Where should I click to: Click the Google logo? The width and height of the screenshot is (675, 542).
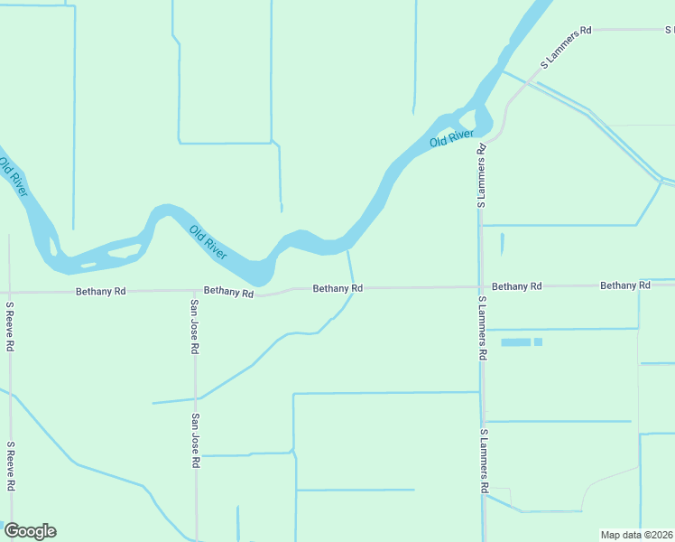[x=30, y=531]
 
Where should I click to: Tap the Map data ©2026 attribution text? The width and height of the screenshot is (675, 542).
[x=636, y=535]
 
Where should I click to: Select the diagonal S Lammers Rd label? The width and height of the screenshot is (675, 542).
[x=566, y=47]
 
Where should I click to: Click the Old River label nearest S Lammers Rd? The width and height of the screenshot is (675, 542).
[x=451, y=138]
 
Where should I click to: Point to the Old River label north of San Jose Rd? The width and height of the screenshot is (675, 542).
[x=208, y=243]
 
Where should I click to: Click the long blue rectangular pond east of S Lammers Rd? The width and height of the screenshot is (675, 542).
[x=515, y=342]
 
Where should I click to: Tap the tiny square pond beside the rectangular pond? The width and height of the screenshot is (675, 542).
[x=538, y=342]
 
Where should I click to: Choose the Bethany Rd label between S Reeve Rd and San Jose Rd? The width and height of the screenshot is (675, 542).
[x=101, y=292]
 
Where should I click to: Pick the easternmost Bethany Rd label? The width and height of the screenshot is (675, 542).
[x=625, y=285]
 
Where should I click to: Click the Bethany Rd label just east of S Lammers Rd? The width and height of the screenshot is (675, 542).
[x=517, y=286]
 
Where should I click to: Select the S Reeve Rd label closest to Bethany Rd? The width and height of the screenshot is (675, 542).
[x=9, y=327]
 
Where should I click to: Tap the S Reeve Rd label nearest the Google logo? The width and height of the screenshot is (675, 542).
[x=9, y=466]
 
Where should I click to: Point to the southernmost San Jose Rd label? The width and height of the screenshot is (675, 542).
[x=195, y=441]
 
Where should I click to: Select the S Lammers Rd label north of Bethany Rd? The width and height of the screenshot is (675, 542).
[x=482, y=176]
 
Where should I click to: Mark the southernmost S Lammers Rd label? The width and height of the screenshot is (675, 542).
[x=485, y=461]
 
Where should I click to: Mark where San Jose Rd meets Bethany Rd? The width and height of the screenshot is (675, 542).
[x=195, y=291]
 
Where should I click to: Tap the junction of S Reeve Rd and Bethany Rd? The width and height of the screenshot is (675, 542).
[x=9, y=293]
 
